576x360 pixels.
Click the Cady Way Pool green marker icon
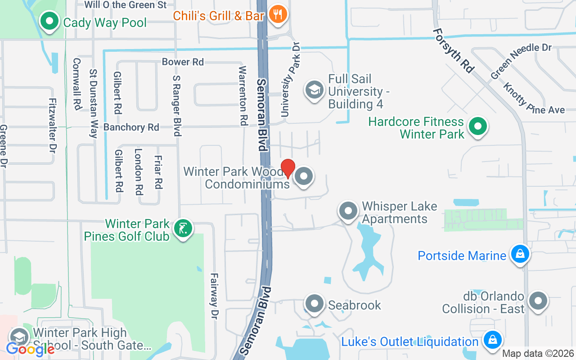tap(50, 21)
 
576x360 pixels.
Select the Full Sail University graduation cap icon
tap(315, 90)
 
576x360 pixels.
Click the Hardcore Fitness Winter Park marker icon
tap(478, 126)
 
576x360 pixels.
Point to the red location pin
tap(288, 168)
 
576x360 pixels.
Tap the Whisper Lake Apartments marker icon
tap(348, 211)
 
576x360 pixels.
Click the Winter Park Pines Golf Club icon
tap(183, 229)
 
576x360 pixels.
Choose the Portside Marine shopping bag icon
tap(520, 254)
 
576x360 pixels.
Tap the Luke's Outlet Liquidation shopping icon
tap(492, 340)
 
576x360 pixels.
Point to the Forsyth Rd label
tap(454, 50)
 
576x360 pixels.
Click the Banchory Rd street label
tap(131, 127)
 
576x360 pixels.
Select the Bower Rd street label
tap(183, 62)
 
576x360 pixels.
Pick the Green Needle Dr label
tap(521, 61)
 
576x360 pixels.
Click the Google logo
tap(30, 348)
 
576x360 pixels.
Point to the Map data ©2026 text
tap(538, 354)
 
